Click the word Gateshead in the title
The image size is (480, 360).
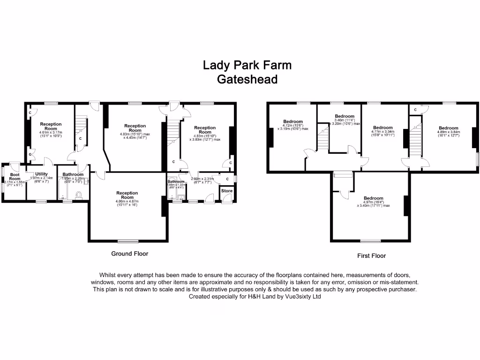click(x=247, y=79)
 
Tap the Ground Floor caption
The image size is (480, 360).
click(x=129, y=254)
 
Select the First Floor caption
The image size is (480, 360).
click(x=371, y=256)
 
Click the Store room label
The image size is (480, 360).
click(x=227, y=191)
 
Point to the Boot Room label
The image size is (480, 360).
click(x=15, y=176)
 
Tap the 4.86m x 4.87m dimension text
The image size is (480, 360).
click(x=127, y=201)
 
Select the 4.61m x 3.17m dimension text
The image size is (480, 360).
click(x=51, y=133)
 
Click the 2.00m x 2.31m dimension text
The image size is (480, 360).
click(x=202, y=178)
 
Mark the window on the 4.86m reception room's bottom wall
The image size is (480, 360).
click(x=125, y=241)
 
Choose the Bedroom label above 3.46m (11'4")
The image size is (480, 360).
click(x=345, y=116)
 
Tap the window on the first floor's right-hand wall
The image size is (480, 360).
click(x=478, y=158)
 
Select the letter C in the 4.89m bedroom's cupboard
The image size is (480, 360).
click(x=415, y=110)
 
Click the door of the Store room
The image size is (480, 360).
click(x=227, y=199)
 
